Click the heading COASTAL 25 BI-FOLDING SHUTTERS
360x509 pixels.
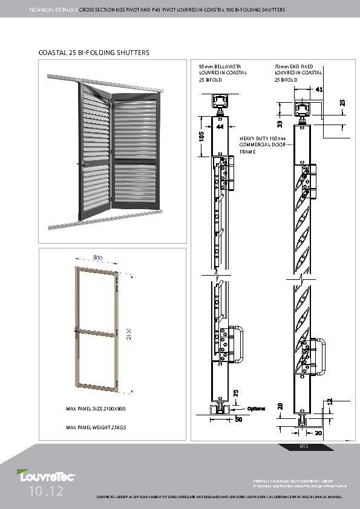(x=94, y=53)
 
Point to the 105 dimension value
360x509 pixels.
(x=202, y=137)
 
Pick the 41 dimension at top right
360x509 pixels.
(x=319, y=89)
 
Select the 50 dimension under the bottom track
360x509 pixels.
(x=238, y=418)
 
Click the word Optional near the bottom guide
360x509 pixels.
(x=255, y=409)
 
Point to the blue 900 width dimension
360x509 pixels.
(x=98, y=258)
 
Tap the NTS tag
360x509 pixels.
(x=304, y=447)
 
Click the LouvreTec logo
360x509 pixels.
(x=38, y=477)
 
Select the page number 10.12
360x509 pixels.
(x=45, y=492)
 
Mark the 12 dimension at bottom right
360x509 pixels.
(x=330, y=400)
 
